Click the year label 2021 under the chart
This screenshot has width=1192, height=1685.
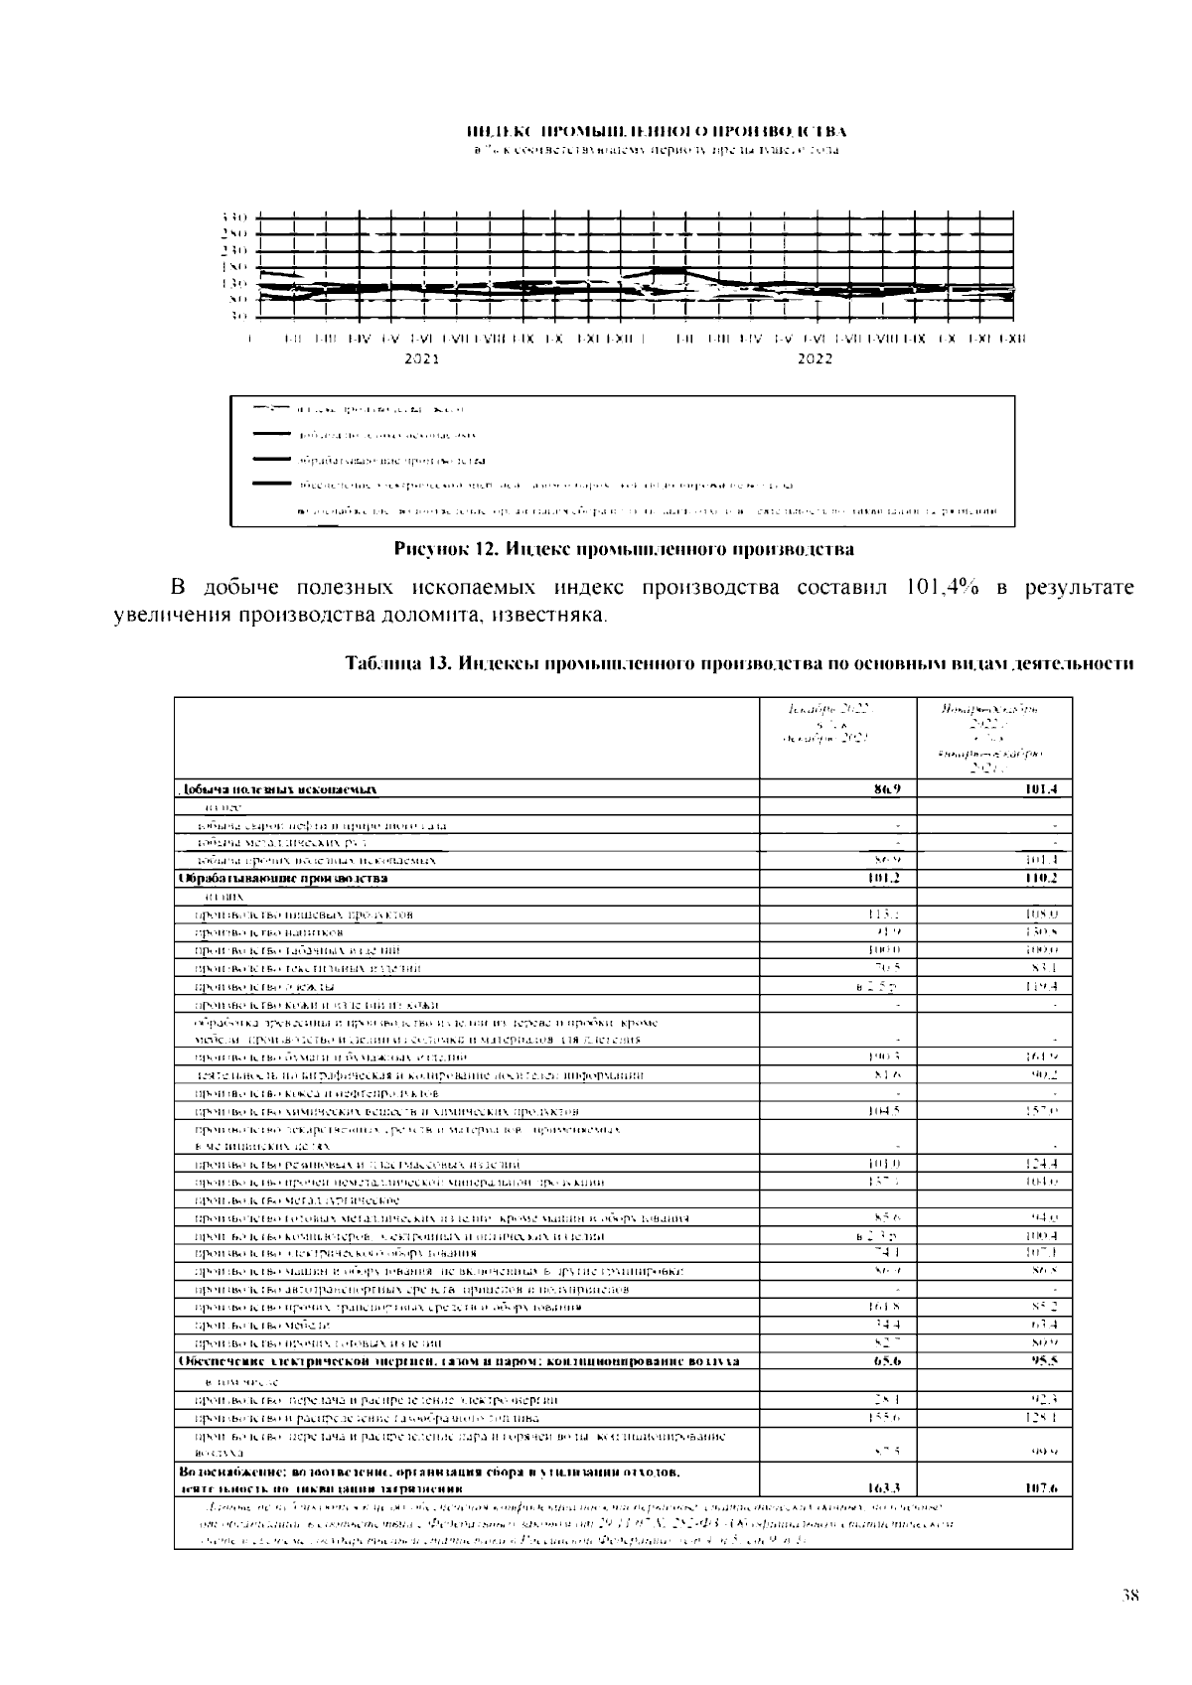[422, 358]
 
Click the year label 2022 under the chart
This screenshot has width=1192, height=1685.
[815, 358]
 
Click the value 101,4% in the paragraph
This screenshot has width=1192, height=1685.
[943, 587]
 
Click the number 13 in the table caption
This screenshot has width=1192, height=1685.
[436, 663]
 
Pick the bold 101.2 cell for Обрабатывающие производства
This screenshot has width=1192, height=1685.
[877, 878]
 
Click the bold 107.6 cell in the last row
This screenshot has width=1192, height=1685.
[1040, 1488]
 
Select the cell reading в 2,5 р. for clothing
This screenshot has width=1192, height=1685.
[878, 986]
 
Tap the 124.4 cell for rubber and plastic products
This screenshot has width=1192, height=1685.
[1040, 1163]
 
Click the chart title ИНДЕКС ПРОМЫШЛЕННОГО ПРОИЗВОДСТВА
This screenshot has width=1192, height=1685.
[656, 131]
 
